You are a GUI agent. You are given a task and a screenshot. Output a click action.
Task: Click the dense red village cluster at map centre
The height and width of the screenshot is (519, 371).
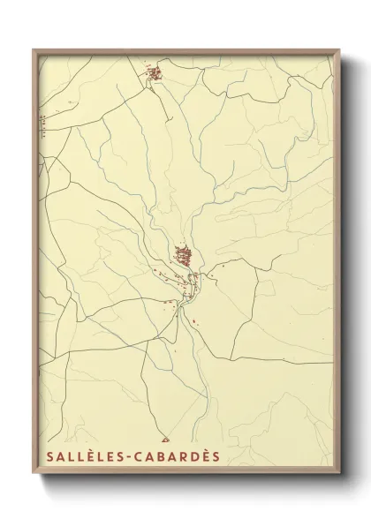[x=185, y=257]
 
